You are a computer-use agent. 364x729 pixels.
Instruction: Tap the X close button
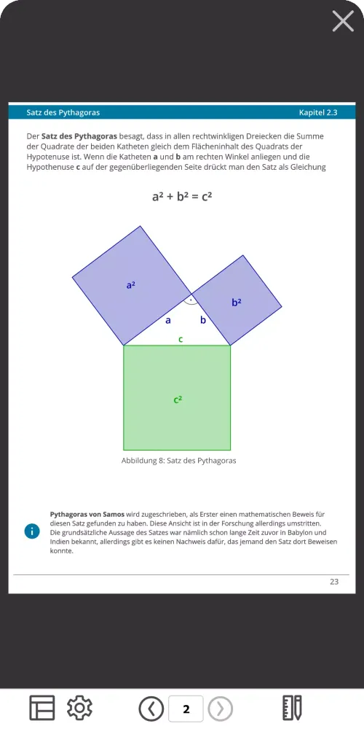click(x=343, y=20)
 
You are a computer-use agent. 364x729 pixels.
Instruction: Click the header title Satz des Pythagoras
click(x=63, y=112)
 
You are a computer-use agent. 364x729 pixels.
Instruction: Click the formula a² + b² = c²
click(x=181, y=196)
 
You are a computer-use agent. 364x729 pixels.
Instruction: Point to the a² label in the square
click(x=131, y=286)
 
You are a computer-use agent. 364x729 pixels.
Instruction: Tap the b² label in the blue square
click(x=237, y=302)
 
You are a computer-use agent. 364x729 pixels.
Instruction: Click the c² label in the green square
click(x=178, y=399)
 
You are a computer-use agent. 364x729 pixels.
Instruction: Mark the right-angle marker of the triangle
click(x=190, y=300)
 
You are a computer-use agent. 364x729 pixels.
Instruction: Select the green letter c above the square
click(x=181, y=339)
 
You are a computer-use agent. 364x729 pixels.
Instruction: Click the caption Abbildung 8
click(x=178, y=461)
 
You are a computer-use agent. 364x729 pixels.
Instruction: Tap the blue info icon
click(x=31, y=531)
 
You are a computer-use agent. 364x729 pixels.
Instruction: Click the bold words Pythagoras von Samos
click(x=87, y=514)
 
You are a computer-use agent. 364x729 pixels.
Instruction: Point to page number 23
click(x=334, y=582)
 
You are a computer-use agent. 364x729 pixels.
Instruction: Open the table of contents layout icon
click(x=42, y=708)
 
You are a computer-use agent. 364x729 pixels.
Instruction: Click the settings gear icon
click(x=79, y=708)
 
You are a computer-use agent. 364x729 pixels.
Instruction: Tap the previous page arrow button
click(x=151, y=709)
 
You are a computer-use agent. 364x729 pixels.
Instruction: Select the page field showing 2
click(x=186, y=709)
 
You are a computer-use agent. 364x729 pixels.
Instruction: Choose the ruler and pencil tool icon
click(x=292, y=708)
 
